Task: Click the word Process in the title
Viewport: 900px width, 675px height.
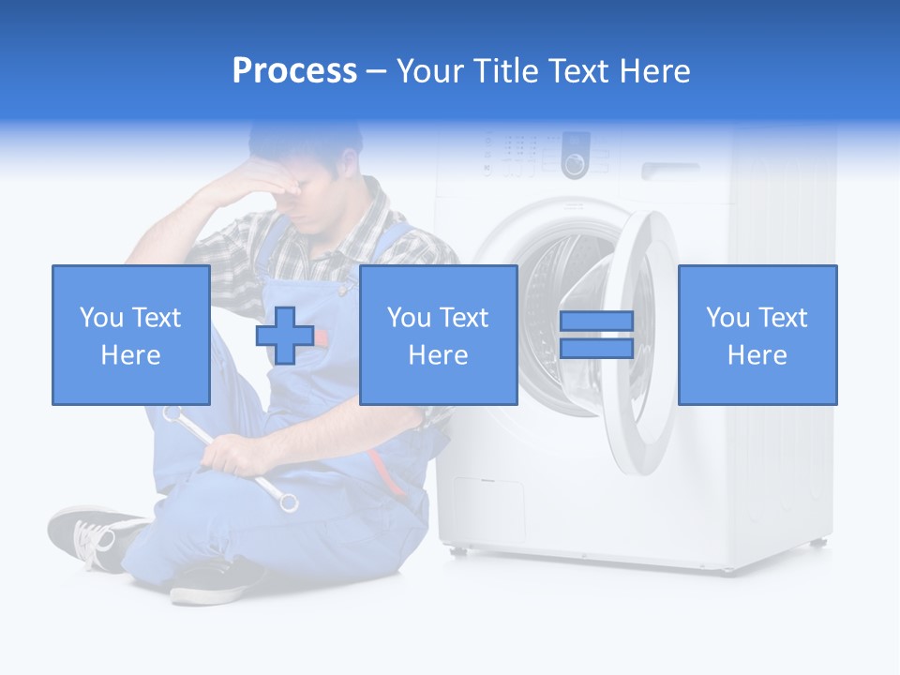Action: coord(294,71)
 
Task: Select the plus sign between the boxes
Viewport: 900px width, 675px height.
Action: coord(285,335)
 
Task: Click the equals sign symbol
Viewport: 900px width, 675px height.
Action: coord(596,335)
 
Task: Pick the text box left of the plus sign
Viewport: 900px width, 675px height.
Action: coord(130,335)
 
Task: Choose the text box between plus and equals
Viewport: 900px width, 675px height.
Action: coord(438,335)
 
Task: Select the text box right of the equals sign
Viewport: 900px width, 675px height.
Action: coord(757,335)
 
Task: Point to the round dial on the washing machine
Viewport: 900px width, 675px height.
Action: coord(574,165)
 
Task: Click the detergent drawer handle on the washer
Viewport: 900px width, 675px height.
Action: coord(670,170)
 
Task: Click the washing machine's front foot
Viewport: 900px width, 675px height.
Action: coord(817,543)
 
